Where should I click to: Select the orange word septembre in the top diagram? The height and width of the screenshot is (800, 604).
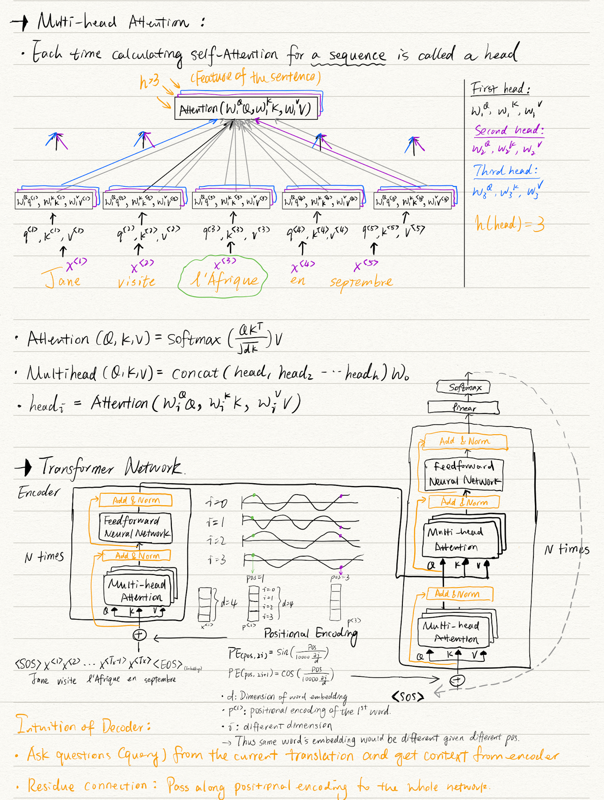click(x=361, y=281)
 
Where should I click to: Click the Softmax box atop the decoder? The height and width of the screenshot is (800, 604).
click(x=464, y=387)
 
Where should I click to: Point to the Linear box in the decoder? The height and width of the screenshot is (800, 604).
click(x=464, y=407)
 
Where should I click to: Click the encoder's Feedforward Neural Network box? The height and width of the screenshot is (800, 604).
click(x=135, y=527)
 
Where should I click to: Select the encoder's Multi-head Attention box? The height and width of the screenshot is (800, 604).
click(x=139, y=590)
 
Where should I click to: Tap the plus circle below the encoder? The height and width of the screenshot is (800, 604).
click(x=139, y=635)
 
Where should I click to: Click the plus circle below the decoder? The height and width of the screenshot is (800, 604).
click(x=457, y=680)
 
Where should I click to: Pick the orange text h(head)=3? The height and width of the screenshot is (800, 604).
click(x=509, y=224)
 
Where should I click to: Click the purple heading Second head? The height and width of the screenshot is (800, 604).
click(x=509, y=130)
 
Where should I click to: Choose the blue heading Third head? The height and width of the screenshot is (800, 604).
click(x=505, y=170)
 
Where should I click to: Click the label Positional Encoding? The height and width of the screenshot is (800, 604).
click(x=310, y=633)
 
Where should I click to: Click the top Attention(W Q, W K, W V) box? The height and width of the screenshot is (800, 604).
click(x=246, y=108)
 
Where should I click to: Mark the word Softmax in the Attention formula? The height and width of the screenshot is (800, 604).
click(x=194, y=339)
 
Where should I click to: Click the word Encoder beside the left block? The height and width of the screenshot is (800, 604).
click(x=39, y=493)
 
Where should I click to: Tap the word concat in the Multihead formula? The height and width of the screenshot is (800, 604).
click(x=195, y=373)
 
